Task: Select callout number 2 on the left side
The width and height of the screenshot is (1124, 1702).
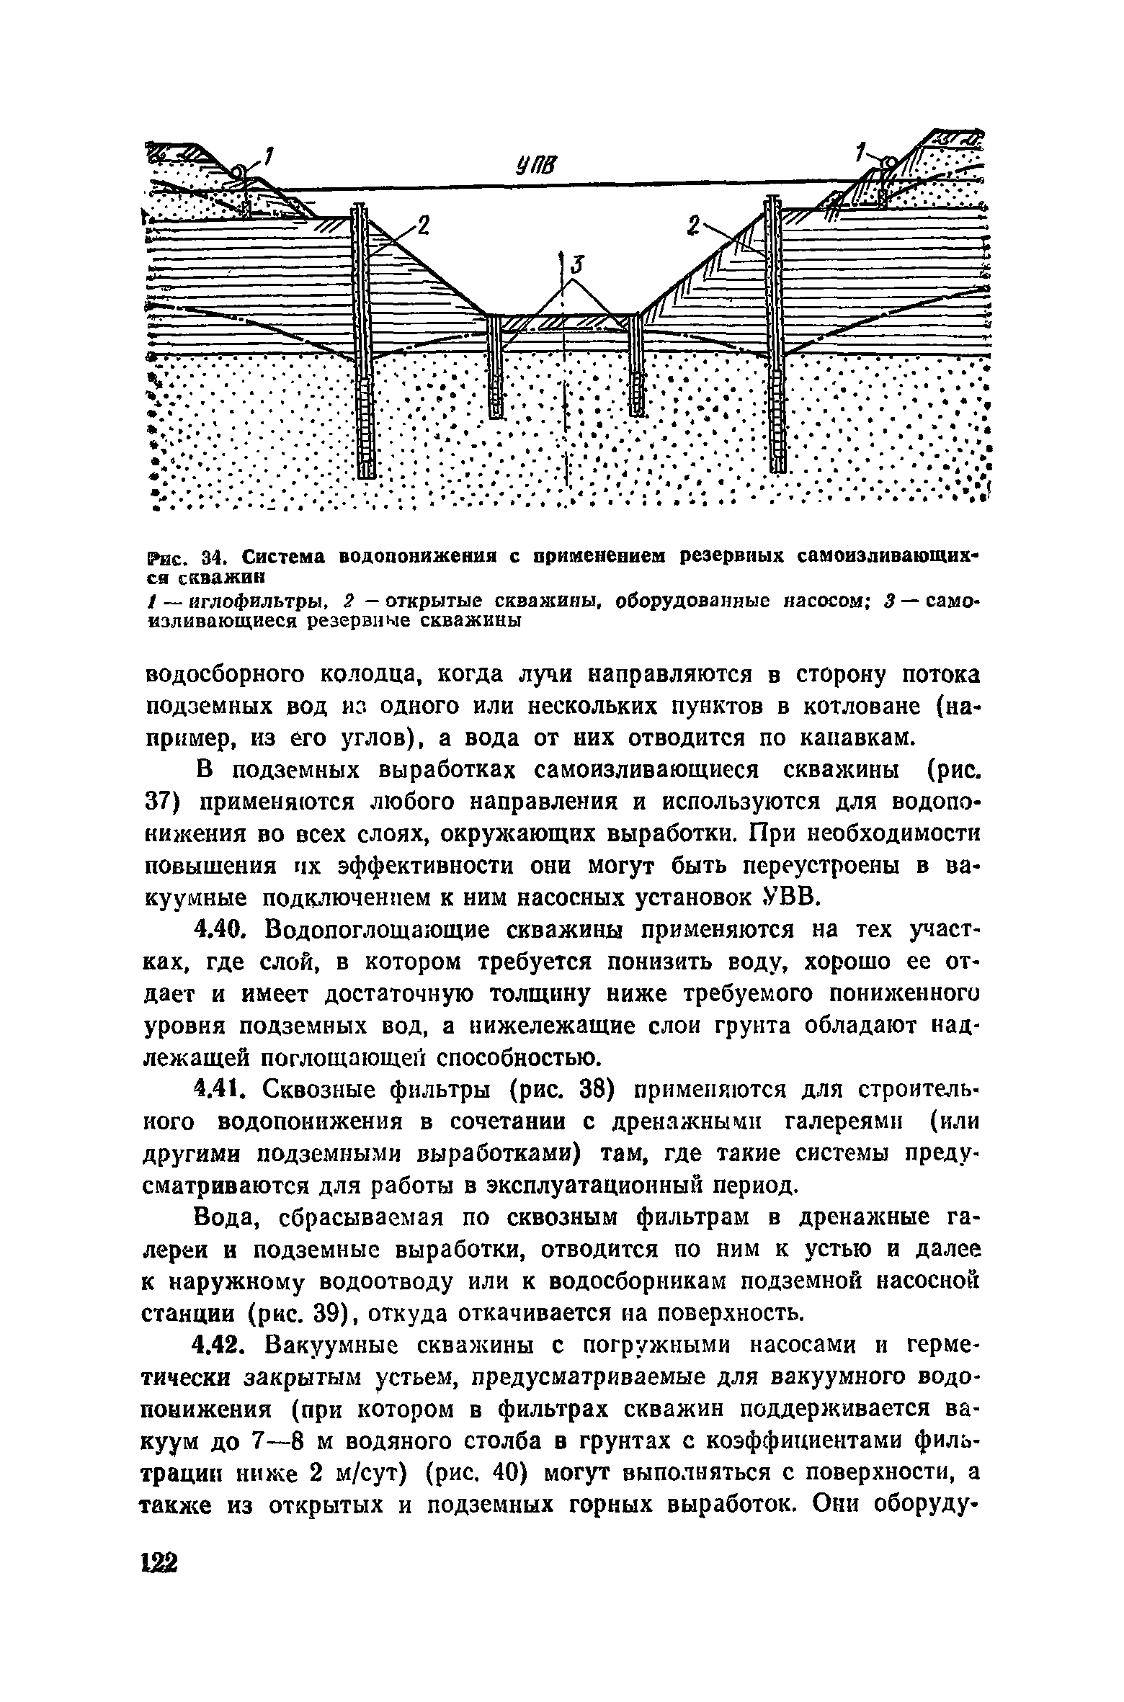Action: pyautogui.click(x=421, y=228)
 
